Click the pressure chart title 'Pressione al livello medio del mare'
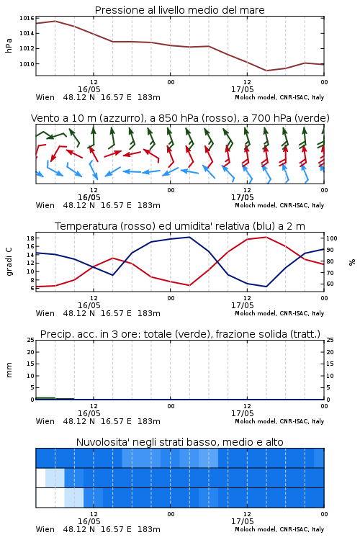coord(179,10)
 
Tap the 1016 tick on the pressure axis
coord(27,18)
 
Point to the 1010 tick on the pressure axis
coord(27,64)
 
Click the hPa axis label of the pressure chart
coord(9,45)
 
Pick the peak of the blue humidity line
coord(189,237)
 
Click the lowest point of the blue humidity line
coord(266,287)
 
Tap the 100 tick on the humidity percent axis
coord(332,238)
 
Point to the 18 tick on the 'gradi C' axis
coord(30,238)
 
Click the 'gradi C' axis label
coord(9,261)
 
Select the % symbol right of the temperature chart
coord(352,262)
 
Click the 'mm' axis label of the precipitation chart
coord(9,370)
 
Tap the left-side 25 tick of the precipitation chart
coord(30,341)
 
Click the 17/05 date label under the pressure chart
coord(242,89)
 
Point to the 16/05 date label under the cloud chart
coord(89,521)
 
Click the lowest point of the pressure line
coord(266,71)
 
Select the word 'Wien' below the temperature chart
coord(45,313)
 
